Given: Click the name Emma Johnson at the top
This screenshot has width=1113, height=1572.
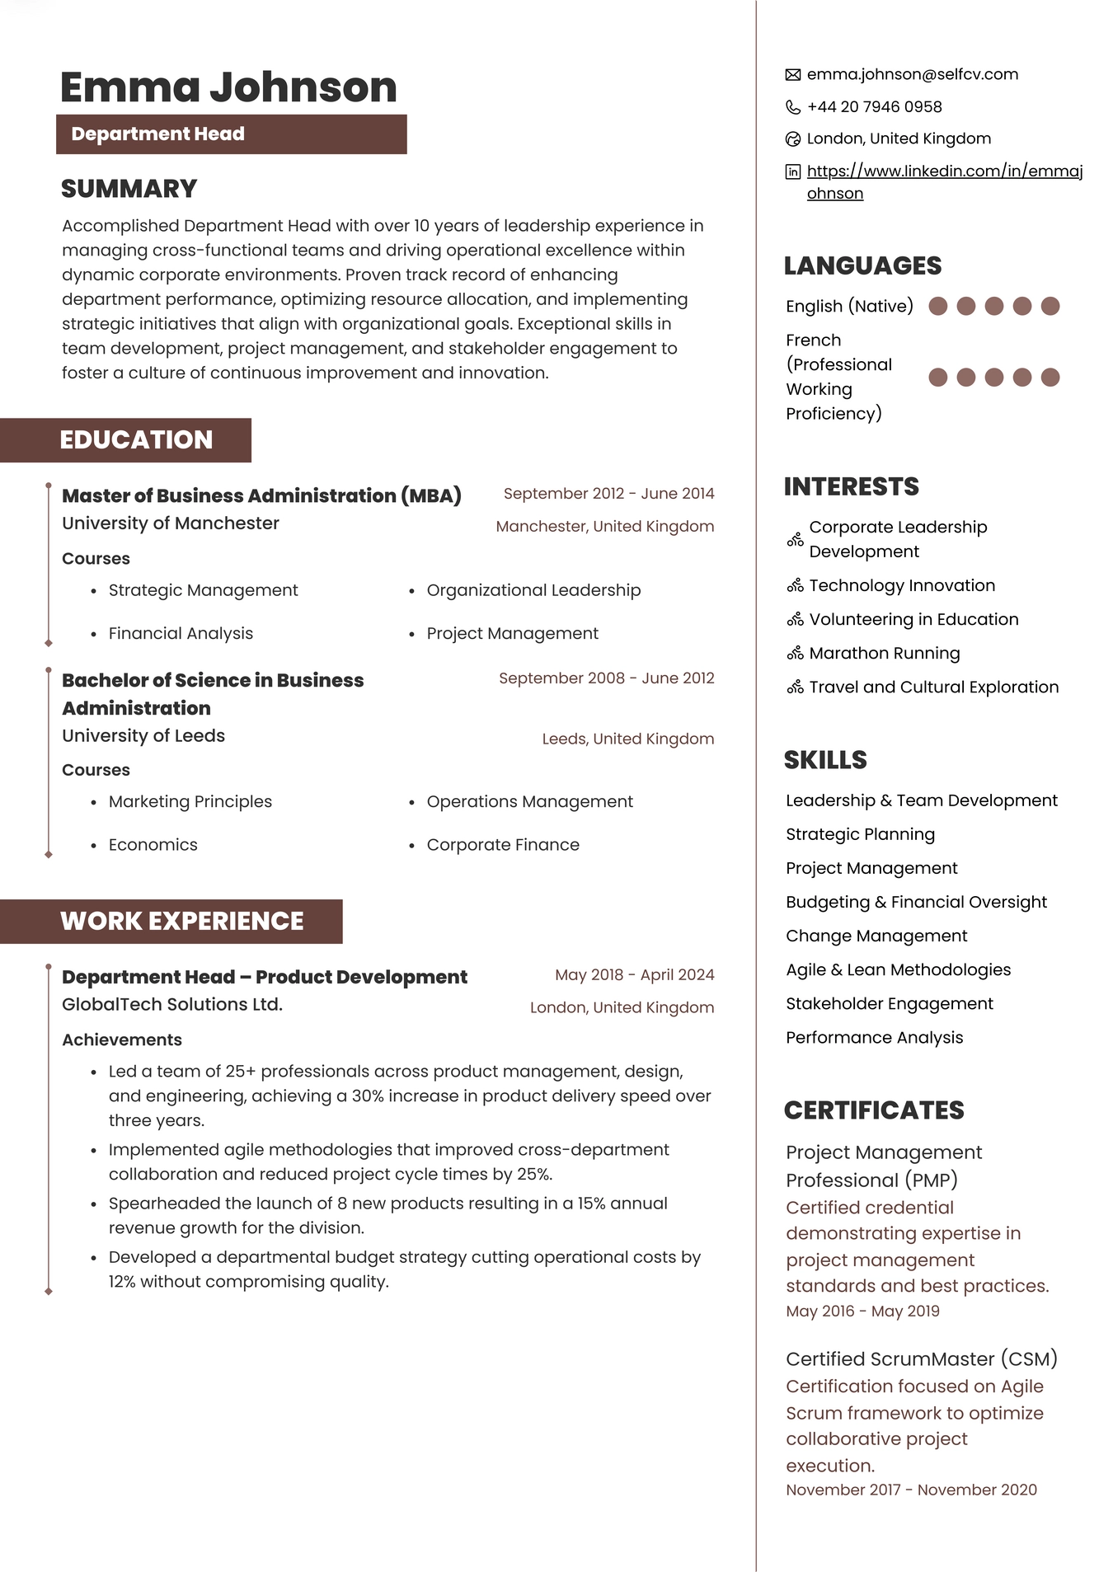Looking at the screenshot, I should coord(228,87).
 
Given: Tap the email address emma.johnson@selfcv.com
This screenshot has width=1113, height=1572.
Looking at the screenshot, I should coord(912,74).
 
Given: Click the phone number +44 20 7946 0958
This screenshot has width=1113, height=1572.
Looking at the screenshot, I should coord(874,106).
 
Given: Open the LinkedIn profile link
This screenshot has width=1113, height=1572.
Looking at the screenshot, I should coord(944,171).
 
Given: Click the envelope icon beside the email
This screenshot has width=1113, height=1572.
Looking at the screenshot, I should coord(792,75).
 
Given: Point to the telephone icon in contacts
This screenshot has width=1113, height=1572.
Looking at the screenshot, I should coord(792,107).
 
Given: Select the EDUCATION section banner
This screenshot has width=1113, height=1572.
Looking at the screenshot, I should coord(136,440).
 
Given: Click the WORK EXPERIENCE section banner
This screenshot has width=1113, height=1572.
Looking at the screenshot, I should coord(181,921).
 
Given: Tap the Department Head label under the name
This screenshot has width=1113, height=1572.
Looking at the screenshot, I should coord(157,134).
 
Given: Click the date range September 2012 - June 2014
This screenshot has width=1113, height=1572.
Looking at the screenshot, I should coord(608,494).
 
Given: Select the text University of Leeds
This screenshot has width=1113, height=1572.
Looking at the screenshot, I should coord(143,735).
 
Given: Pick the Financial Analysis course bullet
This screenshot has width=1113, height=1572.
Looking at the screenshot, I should coord(181,633).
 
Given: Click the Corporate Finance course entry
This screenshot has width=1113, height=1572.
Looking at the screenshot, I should coord(503,845).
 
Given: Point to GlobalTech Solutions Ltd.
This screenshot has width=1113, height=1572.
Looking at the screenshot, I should coord(172,1004).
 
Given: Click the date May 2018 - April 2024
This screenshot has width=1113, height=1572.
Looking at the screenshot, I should coord(634,974).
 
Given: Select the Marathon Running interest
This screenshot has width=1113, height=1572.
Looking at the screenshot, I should coord(884,653).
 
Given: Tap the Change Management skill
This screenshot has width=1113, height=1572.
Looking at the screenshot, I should coord(876,936).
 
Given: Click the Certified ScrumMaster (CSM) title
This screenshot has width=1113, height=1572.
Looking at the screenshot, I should coord(921,1358).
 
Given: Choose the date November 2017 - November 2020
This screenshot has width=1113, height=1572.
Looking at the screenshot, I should coord(911,1490).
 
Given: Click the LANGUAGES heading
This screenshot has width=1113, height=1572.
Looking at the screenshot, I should coord(862,265).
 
